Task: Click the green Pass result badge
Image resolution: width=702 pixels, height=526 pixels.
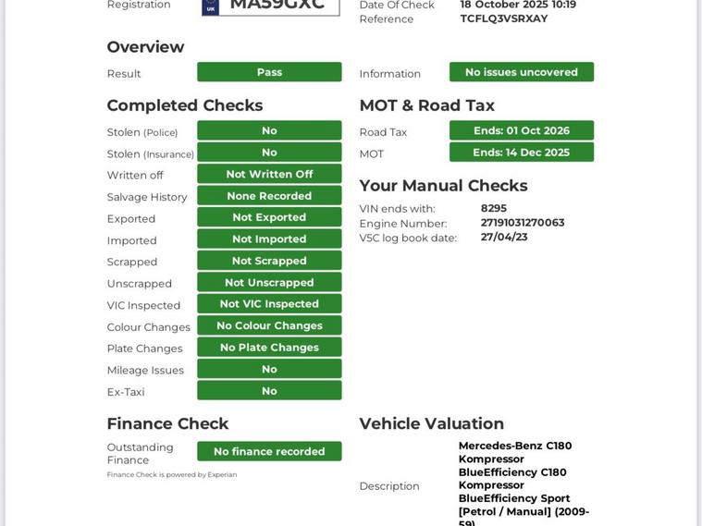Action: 269,72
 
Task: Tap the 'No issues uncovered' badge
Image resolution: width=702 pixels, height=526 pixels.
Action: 522,72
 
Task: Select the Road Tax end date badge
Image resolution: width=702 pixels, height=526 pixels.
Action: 522,130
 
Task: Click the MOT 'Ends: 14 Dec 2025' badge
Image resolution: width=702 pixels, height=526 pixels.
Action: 522,153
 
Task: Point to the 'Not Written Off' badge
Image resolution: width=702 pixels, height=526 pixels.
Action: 269,174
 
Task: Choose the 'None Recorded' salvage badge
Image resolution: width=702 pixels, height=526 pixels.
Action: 269,196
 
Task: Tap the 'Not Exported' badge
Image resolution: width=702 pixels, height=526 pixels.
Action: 269,217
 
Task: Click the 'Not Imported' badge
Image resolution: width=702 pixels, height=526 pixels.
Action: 269,239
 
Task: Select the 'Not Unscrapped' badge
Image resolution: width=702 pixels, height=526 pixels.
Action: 269,282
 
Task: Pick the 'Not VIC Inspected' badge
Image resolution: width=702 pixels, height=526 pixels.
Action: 269,303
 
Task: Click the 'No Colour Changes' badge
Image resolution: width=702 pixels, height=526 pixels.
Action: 269,325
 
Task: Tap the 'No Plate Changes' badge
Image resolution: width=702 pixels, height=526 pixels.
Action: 269,347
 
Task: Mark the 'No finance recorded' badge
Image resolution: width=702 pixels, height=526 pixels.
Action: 269,451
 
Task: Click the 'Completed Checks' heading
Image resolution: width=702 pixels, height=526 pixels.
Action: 185,105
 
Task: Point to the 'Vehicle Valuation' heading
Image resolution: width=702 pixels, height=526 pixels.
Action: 432,423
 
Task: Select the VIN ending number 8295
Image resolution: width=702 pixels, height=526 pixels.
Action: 494,209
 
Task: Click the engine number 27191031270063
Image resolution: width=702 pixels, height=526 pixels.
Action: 523,223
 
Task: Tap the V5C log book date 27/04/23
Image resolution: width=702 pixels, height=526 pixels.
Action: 504,237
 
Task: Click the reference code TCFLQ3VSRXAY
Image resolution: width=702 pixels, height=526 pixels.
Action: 504,18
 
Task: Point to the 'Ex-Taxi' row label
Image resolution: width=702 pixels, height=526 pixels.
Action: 126,392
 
